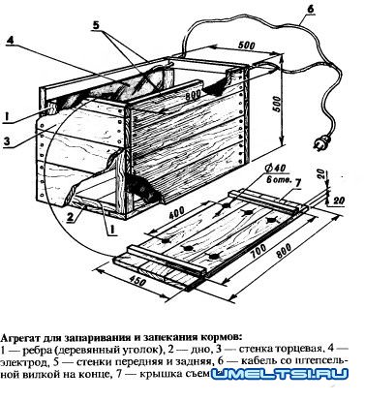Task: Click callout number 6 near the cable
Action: point(309,11)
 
